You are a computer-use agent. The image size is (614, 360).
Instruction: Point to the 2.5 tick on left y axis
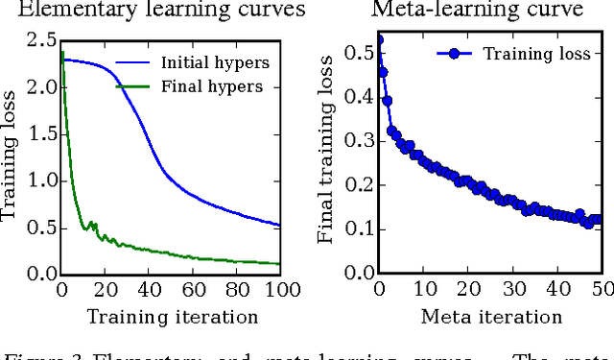click(40, 40)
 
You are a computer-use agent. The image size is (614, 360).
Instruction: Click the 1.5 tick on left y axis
click(40, 133)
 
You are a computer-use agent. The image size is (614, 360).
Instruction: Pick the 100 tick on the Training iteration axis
click(279, 290)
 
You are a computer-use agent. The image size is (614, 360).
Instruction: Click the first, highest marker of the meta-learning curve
click(379, 40)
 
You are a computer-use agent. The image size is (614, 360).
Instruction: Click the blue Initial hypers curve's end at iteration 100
click(279, 226)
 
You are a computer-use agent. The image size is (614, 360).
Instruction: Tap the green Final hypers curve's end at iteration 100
click(279, 263)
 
